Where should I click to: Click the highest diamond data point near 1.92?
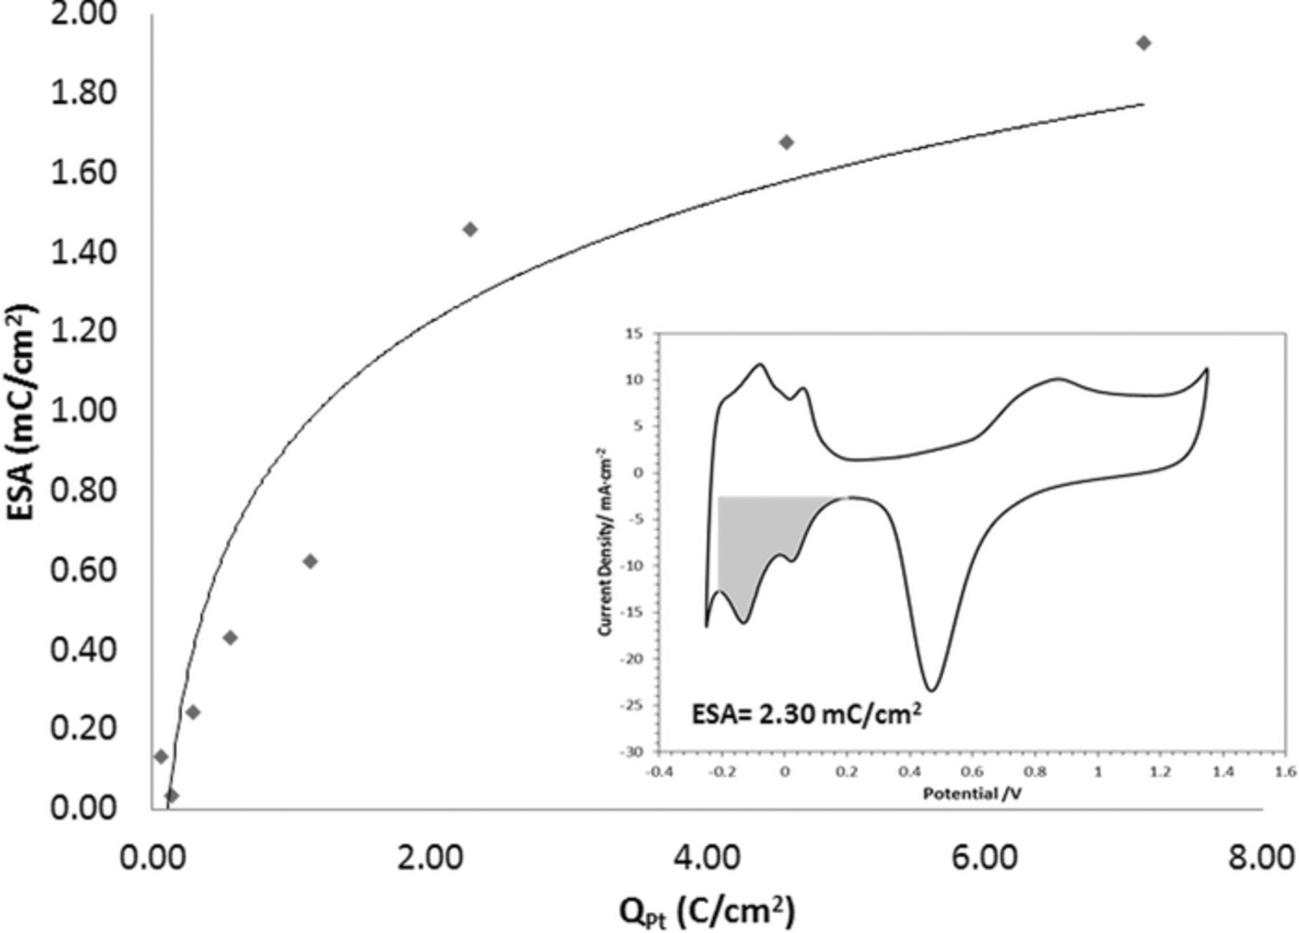point(1143,43)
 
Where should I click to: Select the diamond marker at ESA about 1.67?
point(787,142)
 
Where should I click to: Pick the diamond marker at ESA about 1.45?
point(470,229)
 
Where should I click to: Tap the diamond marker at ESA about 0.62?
point(310,561)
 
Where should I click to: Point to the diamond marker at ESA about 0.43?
point(230,637)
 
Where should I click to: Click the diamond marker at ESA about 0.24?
point(193,712)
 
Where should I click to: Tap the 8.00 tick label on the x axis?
point(1261,859)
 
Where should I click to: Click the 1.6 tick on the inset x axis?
point(1285,771)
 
